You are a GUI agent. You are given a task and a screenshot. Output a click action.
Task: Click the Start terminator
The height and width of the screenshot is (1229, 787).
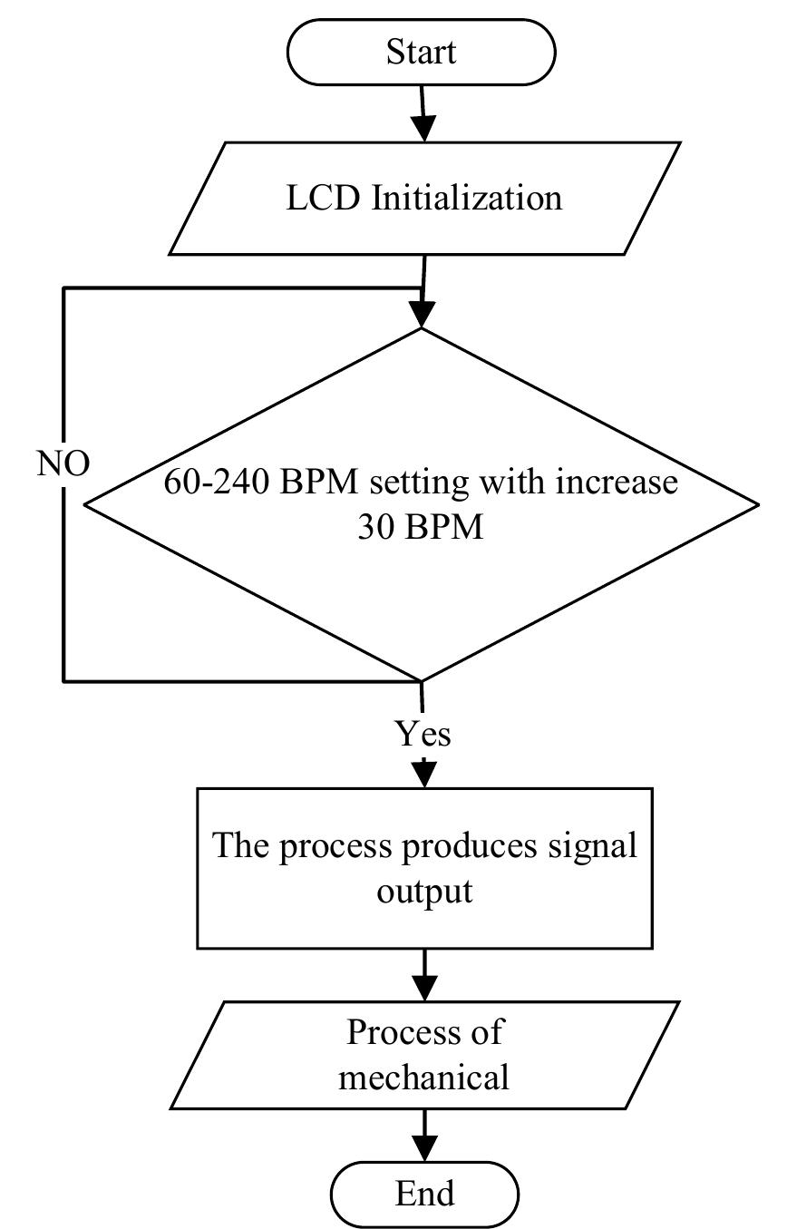(x=421, y=53)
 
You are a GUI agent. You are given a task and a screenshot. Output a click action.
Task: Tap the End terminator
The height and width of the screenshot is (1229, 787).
(x=424, y=1193)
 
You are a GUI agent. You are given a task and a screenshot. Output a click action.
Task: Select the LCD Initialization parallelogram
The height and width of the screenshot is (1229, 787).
(x=424, y=198)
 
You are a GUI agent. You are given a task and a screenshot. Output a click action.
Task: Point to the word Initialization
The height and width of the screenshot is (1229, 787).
(x=466, y=198)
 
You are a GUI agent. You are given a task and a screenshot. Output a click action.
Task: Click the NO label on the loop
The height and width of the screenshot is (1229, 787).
(x=63, y=463)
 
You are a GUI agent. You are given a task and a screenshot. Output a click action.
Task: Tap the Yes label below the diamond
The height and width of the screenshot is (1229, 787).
(x=423, y=732)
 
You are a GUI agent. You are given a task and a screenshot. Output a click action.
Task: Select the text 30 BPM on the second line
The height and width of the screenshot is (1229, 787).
(x=420, y=527)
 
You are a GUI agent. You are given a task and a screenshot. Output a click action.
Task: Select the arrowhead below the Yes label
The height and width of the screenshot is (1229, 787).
(x=423, y=773)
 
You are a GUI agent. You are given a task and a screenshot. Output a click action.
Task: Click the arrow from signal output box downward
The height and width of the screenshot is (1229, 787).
(x=423, y=975)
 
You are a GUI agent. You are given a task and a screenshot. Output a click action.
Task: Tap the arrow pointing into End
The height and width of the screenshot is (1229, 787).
(x=423, y=1136)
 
